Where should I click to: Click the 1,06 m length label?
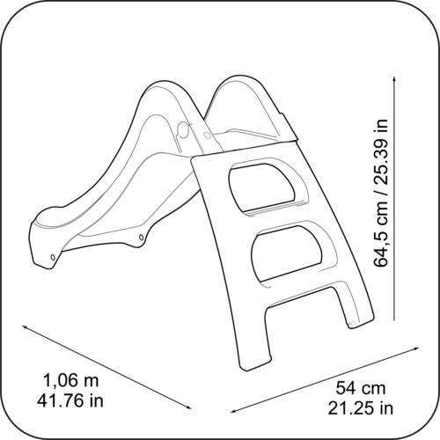pyautogui.click(x=71, y=380)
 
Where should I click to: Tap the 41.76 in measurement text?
pyautogui.click(x=70, y=400)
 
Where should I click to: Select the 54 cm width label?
pyautogui.click(x=361, y=388)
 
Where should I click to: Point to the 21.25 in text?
pyautogui.click(x=361, y=407)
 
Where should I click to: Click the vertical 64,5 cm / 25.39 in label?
pyautogui.click(x=381, y=193)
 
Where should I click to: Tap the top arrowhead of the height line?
pyautogui.click(x=394, y=78)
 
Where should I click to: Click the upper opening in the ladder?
pyautogui.click(x=262, y=187)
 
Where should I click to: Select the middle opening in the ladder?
pyautogui.click(x=286, y=253)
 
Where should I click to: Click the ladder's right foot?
pyautogui.click(x=362, y=319)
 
